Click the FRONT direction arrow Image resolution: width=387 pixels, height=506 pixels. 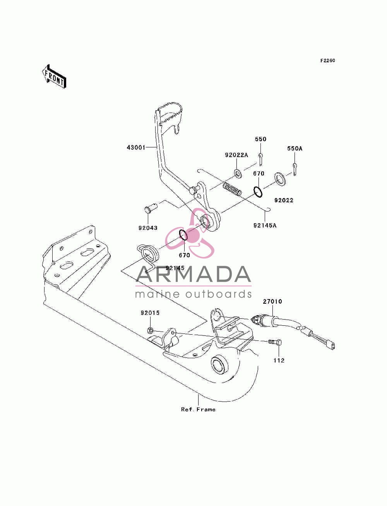tap(54, 76)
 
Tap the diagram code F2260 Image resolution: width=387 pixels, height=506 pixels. tap(327, 60)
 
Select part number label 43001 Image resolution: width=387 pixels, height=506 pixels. tap(136, 147)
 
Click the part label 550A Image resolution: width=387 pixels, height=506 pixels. tap(295, 149)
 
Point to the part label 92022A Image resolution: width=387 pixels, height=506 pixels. tap(236, 155)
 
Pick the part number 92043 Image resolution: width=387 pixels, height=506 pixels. tap(148, 228)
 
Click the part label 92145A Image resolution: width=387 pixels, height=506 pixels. tap(265, 226)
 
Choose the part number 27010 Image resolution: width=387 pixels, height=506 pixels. tap(272, 301)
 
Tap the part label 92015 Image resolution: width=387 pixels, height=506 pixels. tap(150, 313)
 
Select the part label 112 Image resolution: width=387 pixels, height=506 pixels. tap(279, 360)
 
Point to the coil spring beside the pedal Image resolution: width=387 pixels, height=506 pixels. tap(232, 189)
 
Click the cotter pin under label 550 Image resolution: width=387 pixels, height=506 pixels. tap(260, 159)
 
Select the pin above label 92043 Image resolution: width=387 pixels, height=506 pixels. tap(151, 206)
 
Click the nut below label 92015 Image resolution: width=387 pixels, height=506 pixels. tap(150, 330)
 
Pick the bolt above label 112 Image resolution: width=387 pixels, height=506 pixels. tap(275, 342)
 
